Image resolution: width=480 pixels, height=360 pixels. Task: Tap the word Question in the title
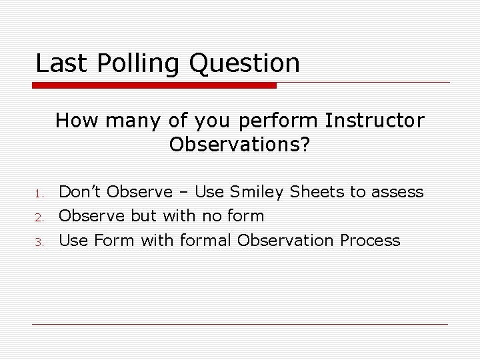[x=245, y=64]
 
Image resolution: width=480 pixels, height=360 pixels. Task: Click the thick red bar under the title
[x=155, y=86]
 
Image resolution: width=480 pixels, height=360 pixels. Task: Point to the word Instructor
[x=374, y=121]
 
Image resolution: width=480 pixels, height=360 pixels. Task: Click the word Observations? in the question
[x=239, y=144]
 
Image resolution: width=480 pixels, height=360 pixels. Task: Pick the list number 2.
[x=39, y=217]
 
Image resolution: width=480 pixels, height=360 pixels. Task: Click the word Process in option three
[x=370, y=240]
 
